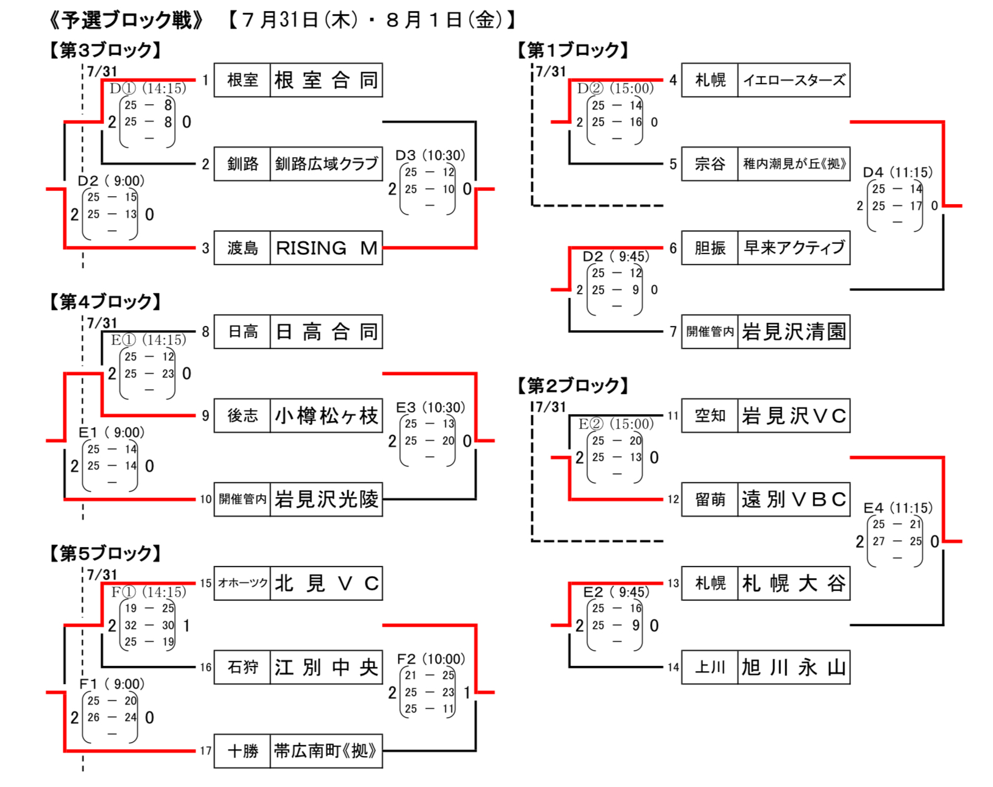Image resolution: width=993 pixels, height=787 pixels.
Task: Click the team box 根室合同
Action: coord(326,80)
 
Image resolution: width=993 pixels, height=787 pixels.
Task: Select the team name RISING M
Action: coord(326,248)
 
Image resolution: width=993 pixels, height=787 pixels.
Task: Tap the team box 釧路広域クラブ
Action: coord(326,164)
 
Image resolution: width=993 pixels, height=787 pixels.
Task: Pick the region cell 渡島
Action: coord(242,248)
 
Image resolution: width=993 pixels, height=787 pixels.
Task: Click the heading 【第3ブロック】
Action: coord(105,50)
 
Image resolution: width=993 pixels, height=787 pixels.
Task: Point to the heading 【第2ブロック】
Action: coord(573,386)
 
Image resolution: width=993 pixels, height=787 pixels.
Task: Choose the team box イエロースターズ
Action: coord(793,80)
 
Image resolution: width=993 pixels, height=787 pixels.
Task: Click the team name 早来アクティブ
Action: coord(793,248)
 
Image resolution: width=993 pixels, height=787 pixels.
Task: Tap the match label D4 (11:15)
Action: coord(897,172)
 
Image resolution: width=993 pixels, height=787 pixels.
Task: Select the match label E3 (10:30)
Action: coord(430,408)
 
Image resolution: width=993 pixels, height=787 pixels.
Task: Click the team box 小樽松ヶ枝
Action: coord(326,416)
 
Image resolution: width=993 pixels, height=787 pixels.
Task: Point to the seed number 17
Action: coord(206,751)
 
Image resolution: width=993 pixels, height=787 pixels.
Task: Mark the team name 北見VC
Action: coord(326,584)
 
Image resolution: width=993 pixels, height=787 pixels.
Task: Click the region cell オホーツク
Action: coord(242,584)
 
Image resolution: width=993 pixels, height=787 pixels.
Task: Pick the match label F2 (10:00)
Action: coord(430,659)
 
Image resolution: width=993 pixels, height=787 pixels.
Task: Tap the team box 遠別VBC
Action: coord(793,499)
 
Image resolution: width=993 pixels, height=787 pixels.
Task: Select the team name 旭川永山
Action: coord(793,668)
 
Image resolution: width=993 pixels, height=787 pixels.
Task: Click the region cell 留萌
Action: coord(710,499)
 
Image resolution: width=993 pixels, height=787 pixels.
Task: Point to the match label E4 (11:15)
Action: coord(897,508)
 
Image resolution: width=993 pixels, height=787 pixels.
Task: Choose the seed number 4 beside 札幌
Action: coord(673,80)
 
